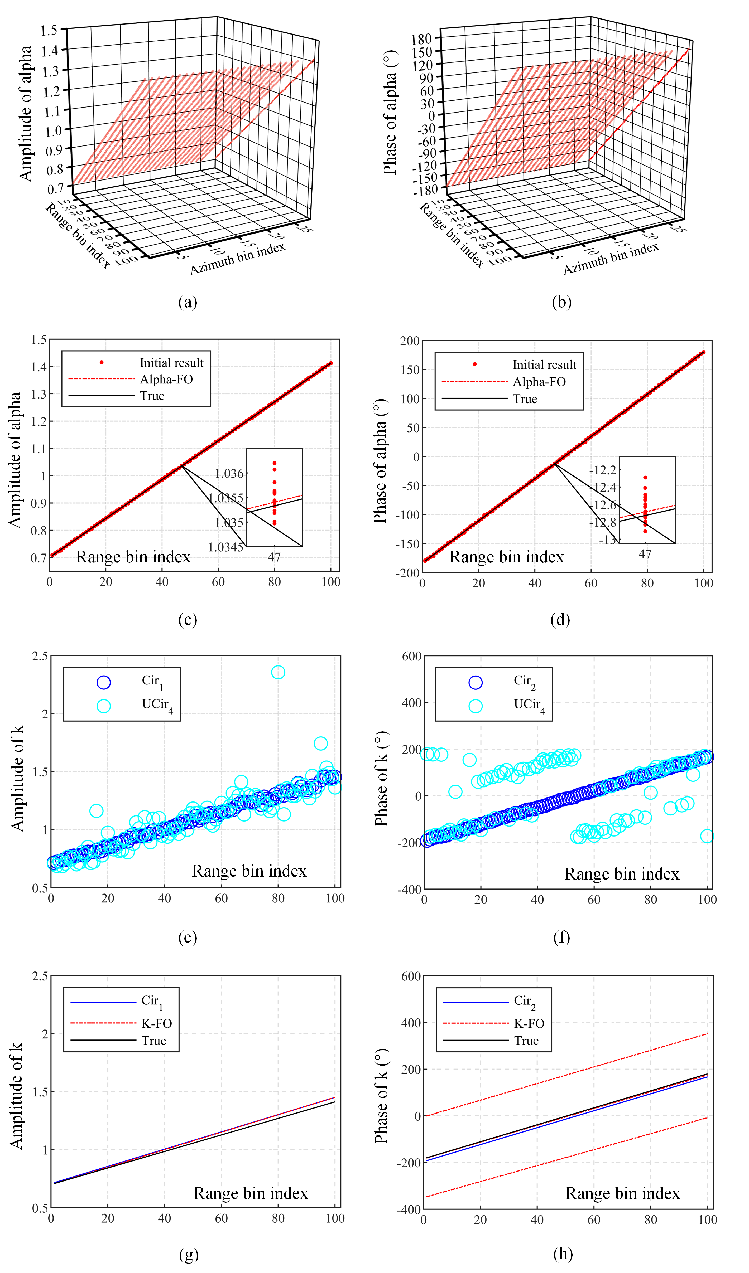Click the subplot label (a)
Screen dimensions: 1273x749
(188, 302)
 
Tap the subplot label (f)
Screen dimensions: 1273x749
(561, 937)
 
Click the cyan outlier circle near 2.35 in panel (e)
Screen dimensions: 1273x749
(278, 672)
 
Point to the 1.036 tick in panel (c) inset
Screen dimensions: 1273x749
(229, 473)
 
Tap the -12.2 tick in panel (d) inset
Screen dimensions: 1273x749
(602, 470)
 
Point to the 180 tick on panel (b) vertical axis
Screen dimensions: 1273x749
(421, 39)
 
